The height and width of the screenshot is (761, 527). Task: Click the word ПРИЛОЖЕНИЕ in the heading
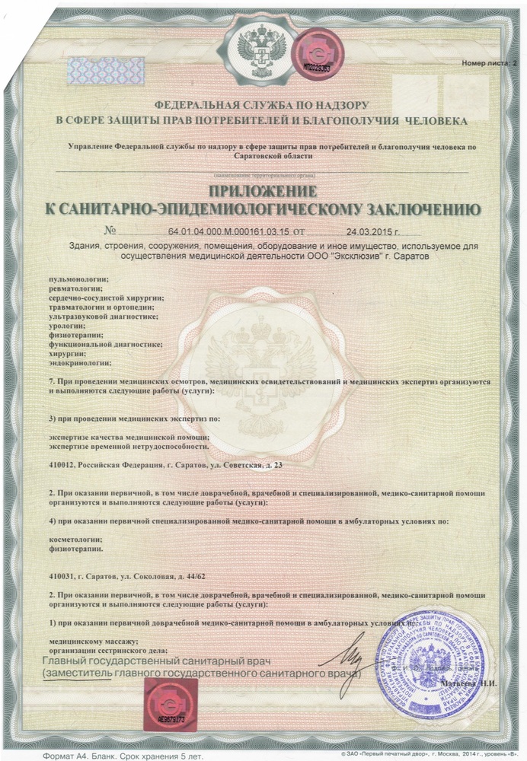[x=263, y=189]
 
